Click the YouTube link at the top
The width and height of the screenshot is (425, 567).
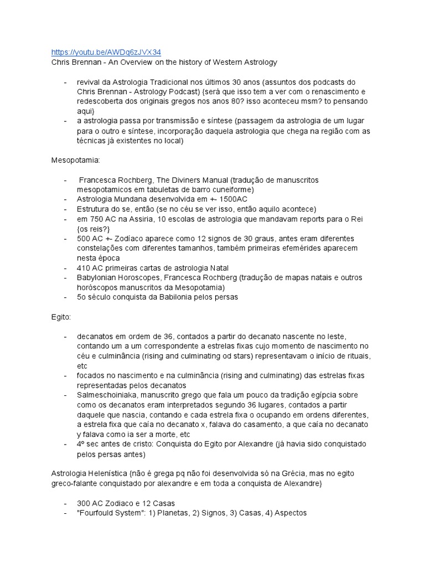[x=106, y=52]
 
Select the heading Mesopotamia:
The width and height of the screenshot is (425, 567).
[x=75, y=160]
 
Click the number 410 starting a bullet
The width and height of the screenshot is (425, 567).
[x=84, y=268]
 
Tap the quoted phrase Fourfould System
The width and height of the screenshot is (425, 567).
[x=112, y=513]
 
